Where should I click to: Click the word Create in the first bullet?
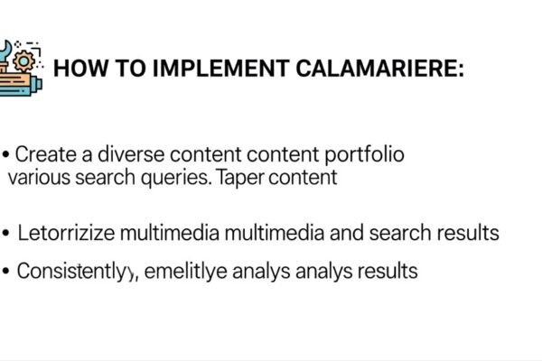coord(44,154)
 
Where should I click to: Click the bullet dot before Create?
coord(6,154)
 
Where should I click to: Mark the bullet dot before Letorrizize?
coord(8,234)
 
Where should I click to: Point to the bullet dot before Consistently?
coord(8,271)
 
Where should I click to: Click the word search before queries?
coord(116,177)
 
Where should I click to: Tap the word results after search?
coord(468,234)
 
